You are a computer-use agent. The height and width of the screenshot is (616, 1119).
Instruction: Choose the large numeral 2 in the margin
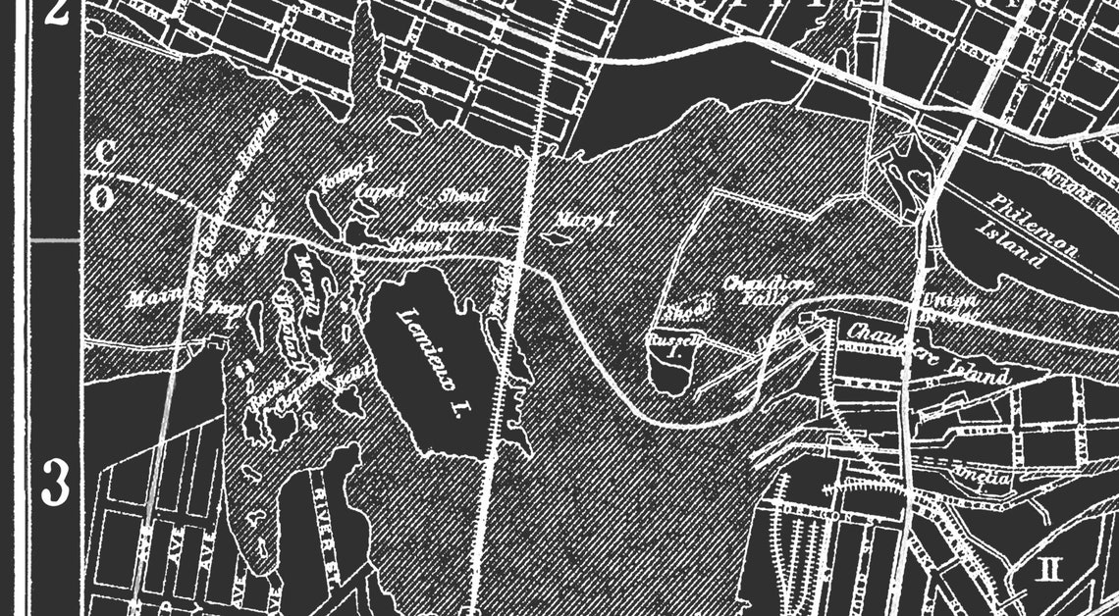coord(56,18)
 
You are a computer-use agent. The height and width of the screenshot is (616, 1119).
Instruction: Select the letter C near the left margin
coord(102,153)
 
